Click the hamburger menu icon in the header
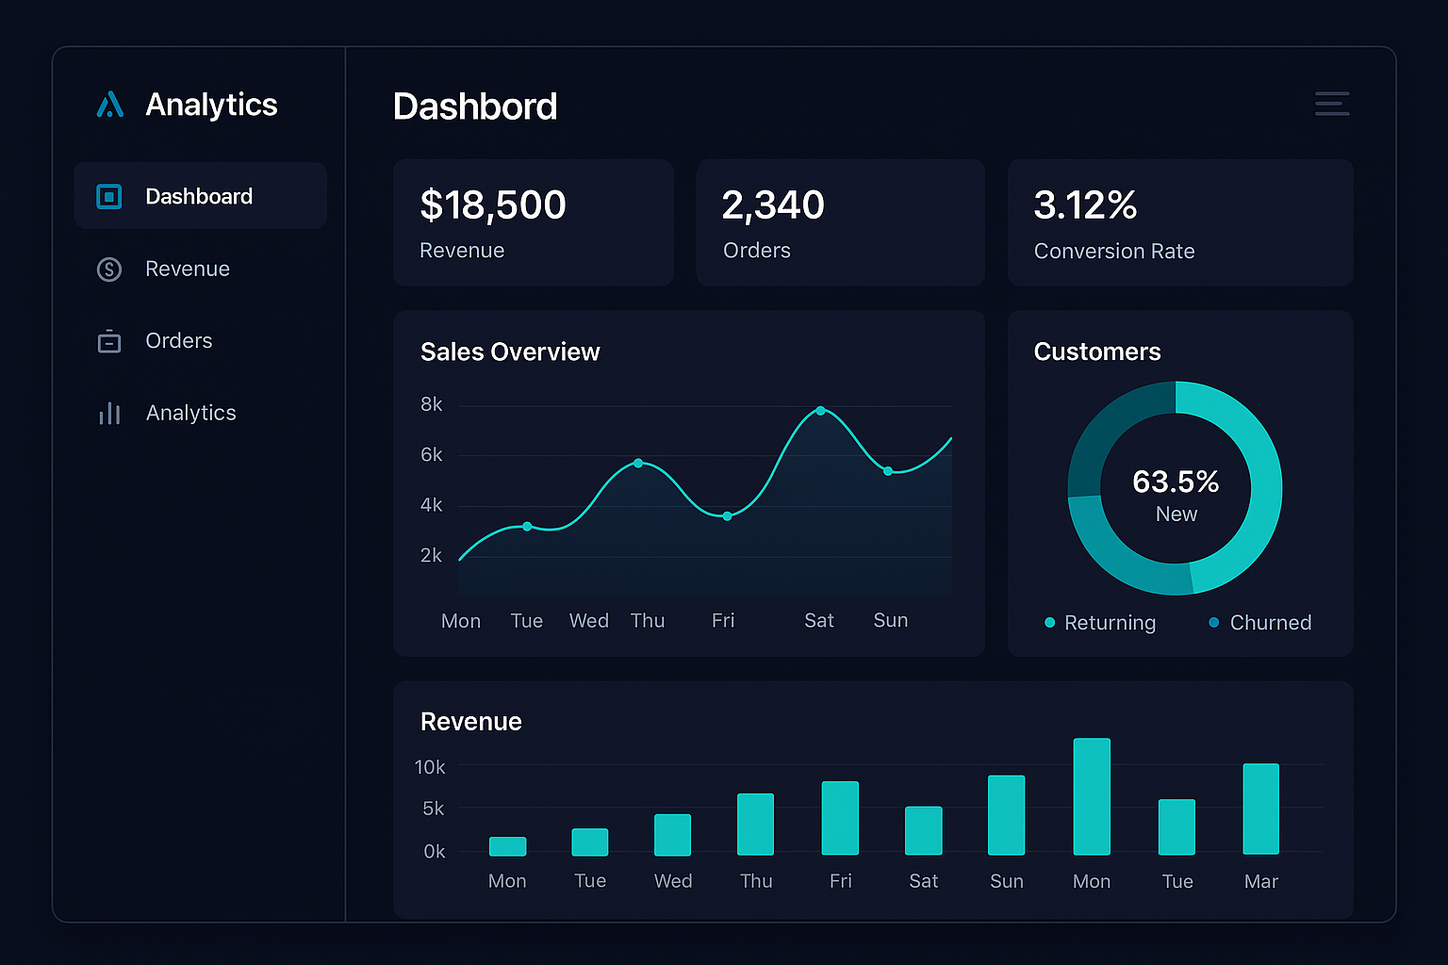[1332, 104]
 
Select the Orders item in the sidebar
[178, 341]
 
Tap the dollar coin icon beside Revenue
[109, 270]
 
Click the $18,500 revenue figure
[493, 205]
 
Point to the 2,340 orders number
[773, 205]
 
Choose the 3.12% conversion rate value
[1085, 205]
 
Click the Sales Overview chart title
[510, 352]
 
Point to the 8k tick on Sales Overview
[431, 404]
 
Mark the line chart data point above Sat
[821, 411]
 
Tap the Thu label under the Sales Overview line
[648, 621]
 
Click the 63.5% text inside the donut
[1176, 482]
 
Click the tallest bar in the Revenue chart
[1092, 796]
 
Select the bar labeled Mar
[1260, 809]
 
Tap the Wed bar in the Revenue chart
[673, 835]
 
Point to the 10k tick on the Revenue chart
[430, 767]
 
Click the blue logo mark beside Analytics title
[110, 105]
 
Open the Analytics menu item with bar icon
[190, 413]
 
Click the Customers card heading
[1097, 352]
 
